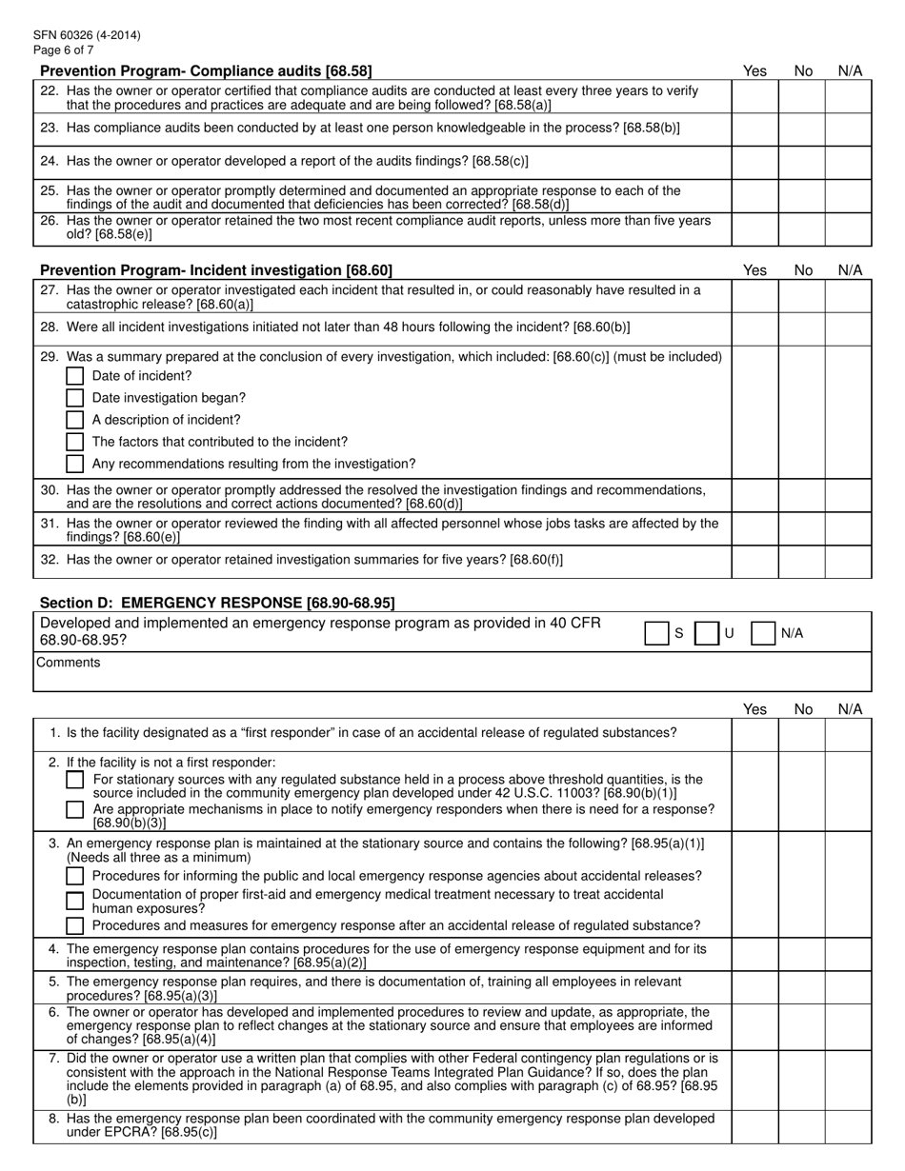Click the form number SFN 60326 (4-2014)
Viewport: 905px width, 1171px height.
point(87,35)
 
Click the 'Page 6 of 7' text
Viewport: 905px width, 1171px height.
point(63,50)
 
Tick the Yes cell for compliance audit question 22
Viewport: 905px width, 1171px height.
point(754,97)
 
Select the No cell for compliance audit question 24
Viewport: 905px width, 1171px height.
point(802,162)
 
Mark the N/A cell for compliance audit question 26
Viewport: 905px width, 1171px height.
point(849,228)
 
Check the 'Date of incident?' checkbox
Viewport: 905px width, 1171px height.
point(75,376)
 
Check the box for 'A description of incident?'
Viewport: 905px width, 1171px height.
point(75,420)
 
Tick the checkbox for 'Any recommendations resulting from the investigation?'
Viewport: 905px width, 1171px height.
point(75,464)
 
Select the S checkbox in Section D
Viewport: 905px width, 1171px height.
point(656,633)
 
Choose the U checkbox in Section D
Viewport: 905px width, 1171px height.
point(706,633)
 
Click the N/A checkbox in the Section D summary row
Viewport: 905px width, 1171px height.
point(762,633)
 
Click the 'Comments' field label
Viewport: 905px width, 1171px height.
point(69,663)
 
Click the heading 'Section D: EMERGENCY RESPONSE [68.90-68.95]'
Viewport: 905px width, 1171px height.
point(217,603)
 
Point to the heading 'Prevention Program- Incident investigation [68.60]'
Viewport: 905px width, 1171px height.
point(215,270)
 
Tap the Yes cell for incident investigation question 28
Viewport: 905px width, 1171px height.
point(754,328)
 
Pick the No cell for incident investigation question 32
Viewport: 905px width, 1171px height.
point(802,561)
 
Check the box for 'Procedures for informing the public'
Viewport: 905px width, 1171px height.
point(75,876)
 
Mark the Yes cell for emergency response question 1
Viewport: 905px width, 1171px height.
point(754,734)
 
